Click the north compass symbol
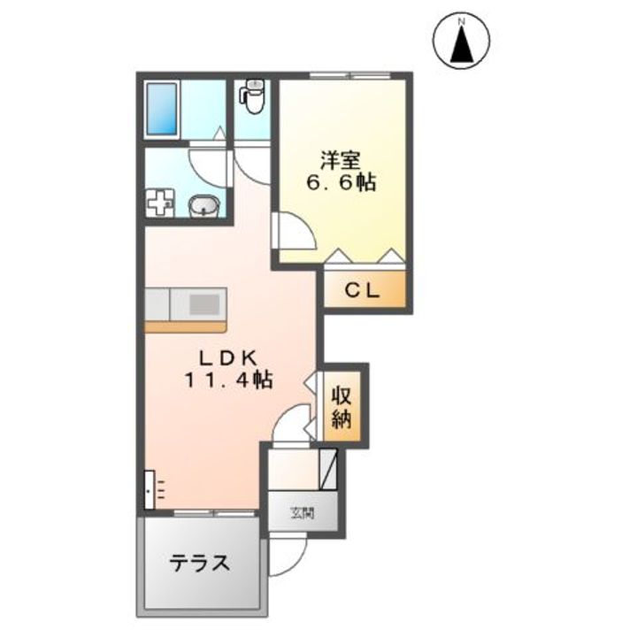(462, 41)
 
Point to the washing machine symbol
(159, 203)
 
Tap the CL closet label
(363, 289)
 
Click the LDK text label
(227, 358)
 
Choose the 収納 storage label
(342, 406)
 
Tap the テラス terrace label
(201, 563)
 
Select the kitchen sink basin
(205, 303)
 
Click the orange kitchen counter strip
(186, 326)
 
